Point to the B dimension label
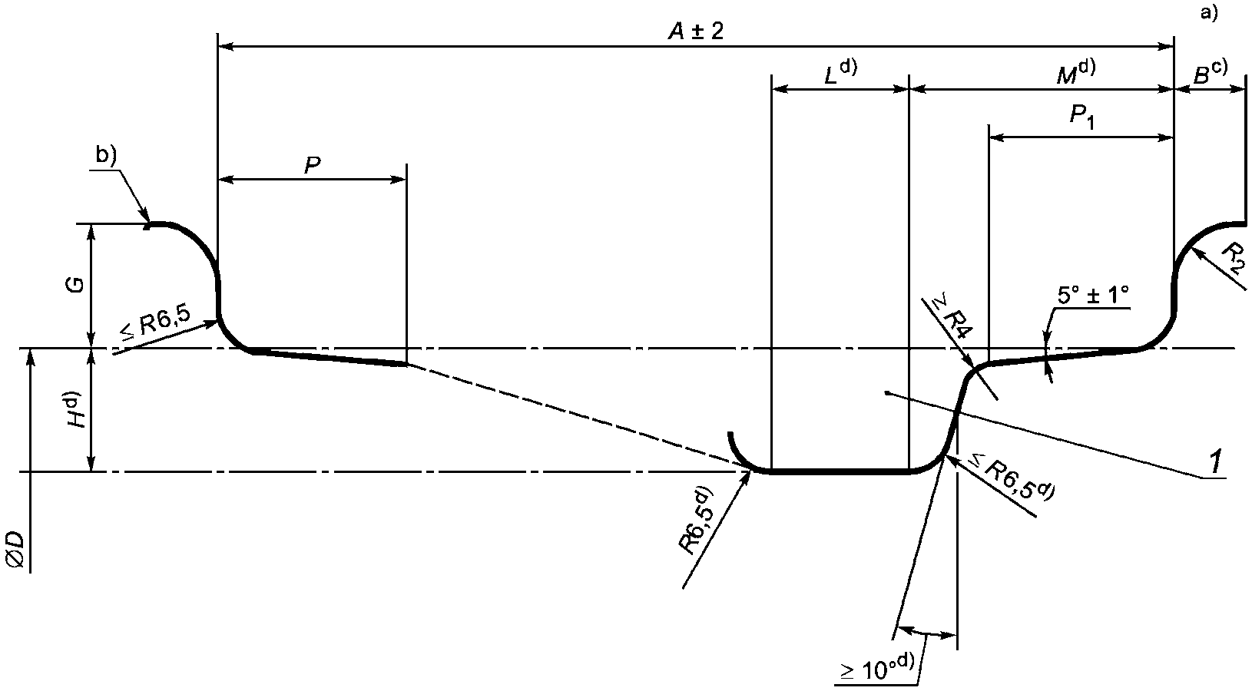pyautogui.click(x=1210, y=73)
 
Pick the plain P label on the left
pyautogui.click(x=312, y=165)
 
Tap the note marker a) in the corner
pyautogui.click(x=1209, y=12)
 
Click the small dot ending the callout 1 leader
pyautogui.click(x=887, y=394)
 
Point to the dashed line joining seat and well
pyautogui.click(x=576, y=415)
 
